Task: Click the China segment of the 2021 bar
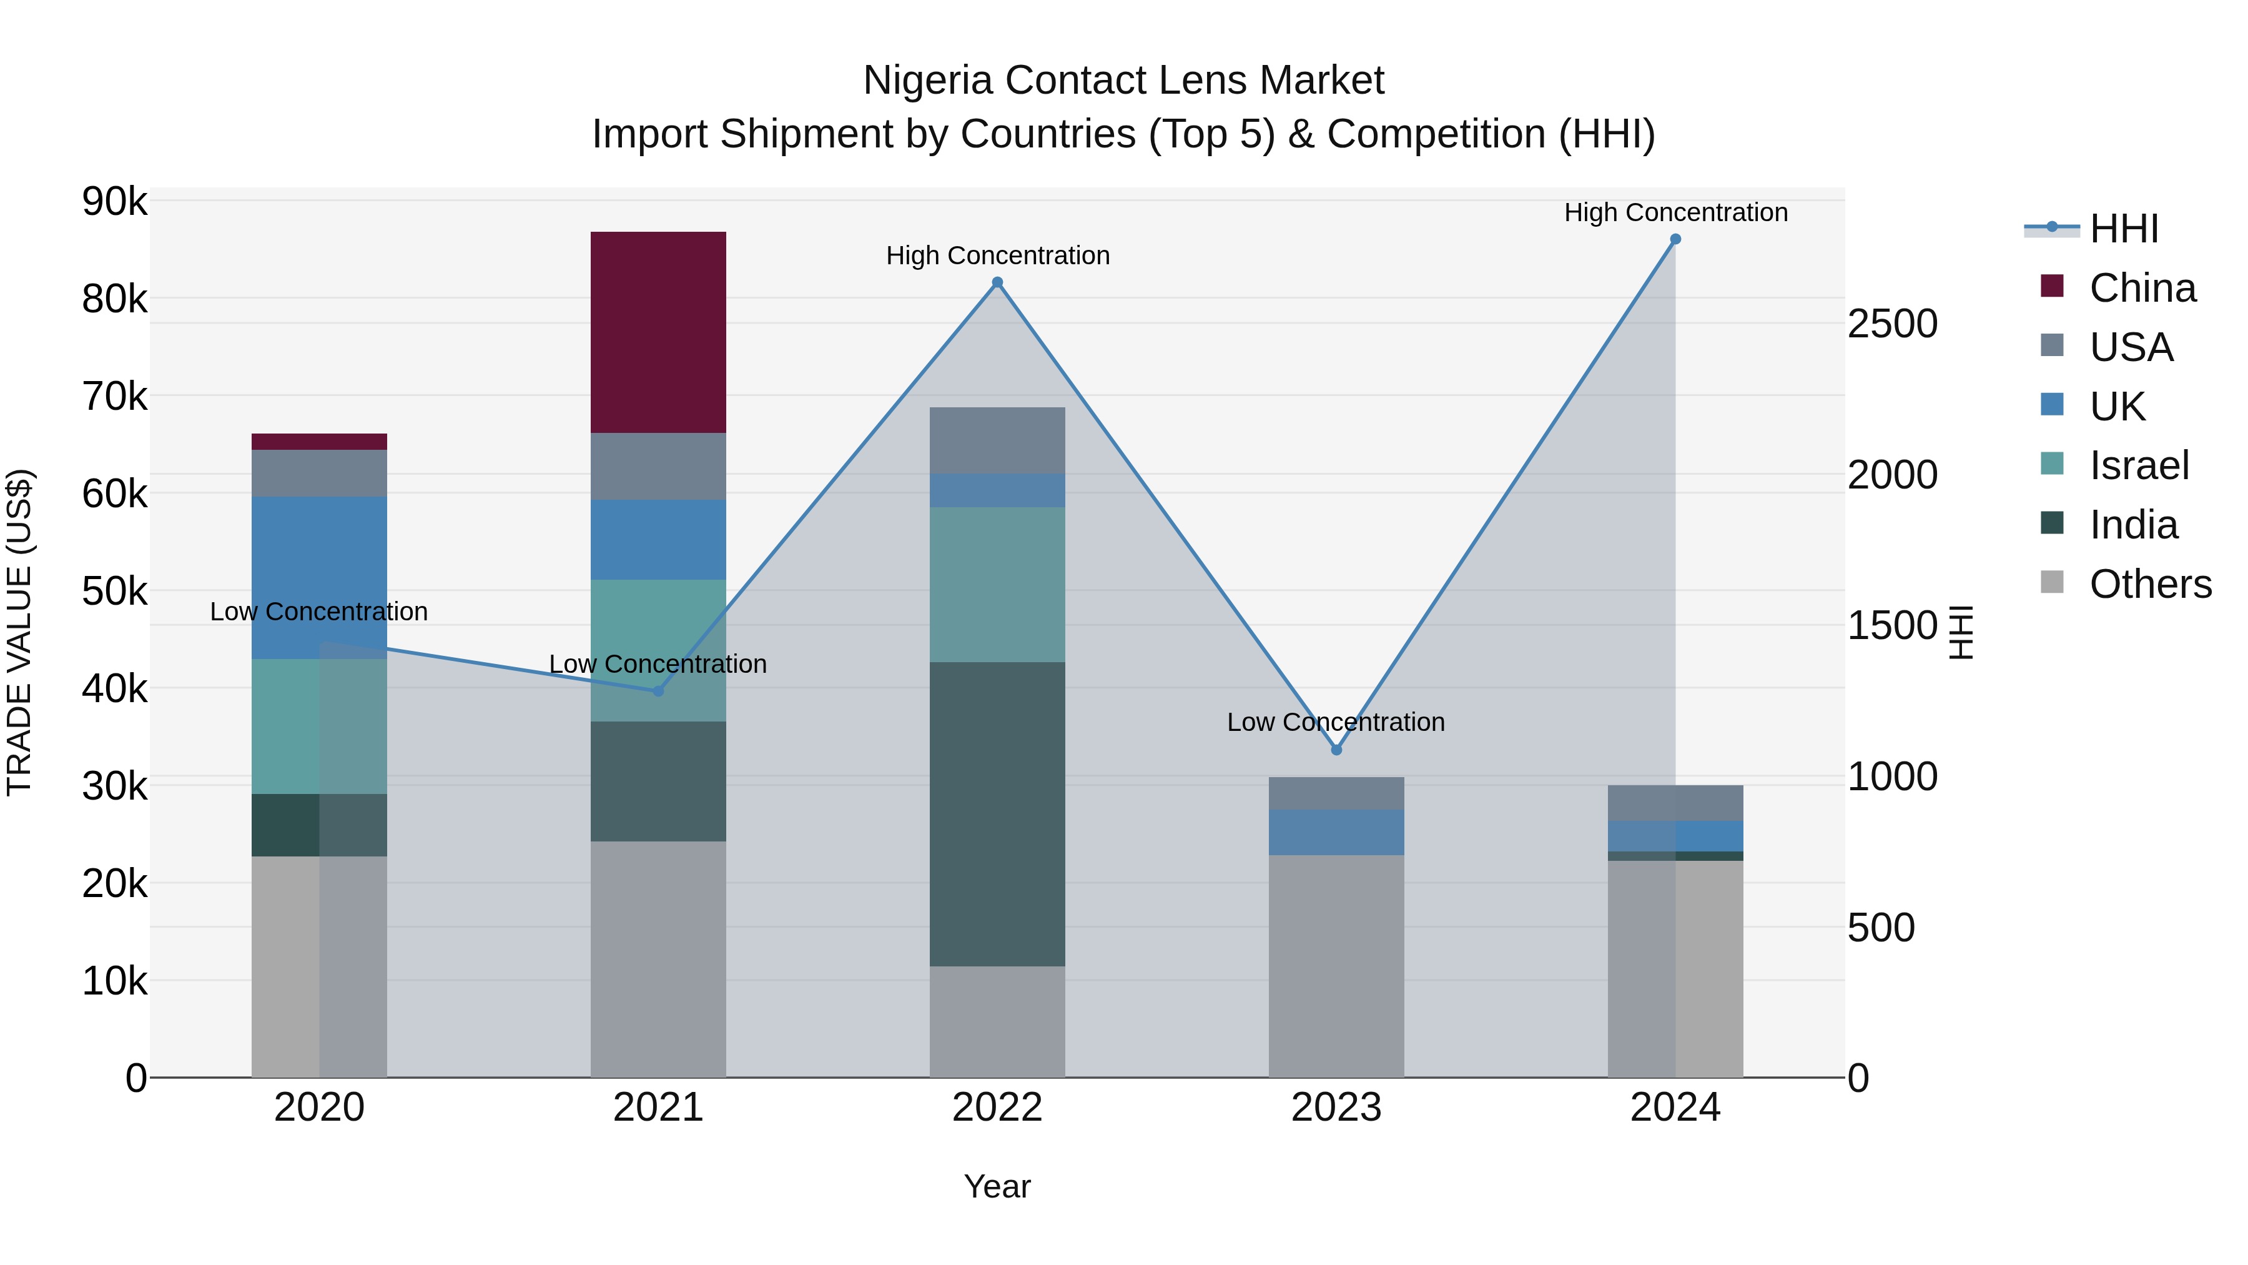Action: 658,332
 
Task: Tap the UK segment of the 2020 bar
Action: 318,577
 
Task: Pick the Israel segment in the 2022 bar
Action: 997,584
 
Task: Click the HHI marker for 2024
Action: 1675,239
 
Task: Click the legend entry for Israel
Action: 2138,465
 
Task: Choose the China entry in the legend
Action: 2142,288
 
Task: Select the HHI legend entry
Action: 2123,229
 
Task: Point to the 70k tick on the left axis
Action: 114,396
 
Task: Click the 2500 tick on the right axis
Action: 1892,324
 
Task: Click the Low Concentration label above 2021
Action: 658,665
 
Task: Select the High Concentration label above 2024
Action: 1675,212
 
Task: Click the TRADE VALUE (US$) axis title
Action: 19,632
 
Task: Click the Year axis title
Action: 997,1186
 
